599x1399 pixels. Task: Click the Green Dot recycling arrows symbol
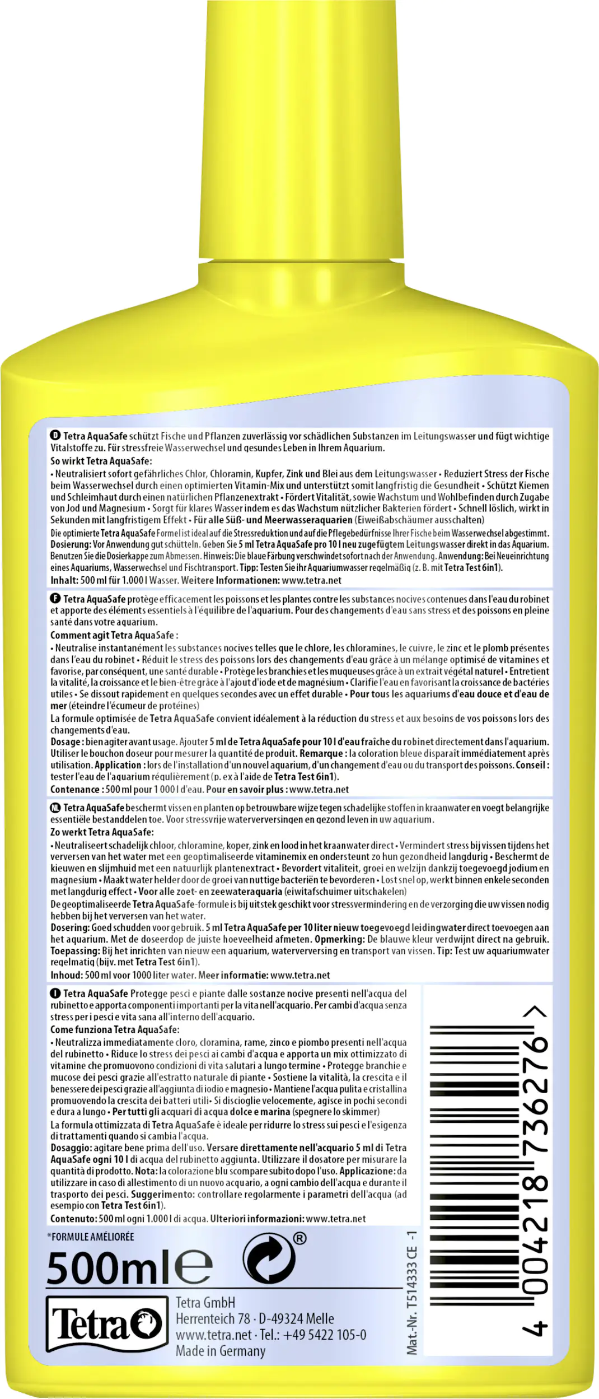click(269, 1260)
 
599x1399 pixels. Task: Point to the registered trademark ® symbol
click(300, 1238)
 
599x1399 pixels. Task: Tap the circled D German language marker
click(55, 436)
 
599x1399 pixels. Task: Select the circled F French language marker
click(55, 599)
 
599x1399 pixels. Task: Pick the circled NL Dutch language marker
click(55, 808)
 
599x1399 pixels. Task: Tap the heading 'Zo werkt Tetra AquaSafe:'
click(102, 832)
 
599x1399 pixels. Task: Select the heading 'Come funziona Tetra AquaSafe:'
click(115, 1029)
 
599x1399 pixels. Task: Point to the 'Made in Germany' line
click(221, 1350)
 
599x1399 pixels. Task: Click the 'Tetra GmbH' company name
click(205, 1302)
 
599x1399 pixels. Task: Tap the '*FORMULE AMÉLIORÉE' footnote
click(90, 1237)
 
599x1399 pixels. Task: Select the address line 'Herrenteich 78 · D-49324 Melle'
click(255, 1318)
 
